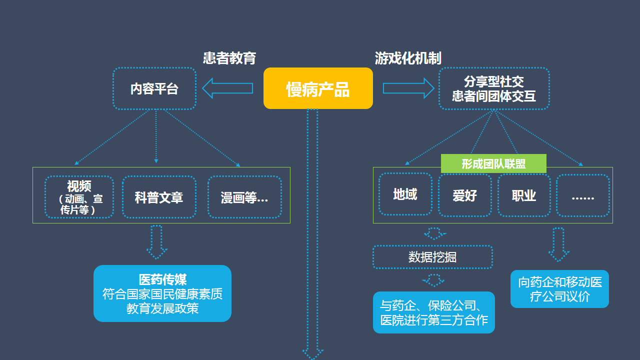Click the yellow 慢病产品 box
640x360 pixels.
click(318, 88)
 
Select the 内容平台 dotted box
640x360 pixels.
click(154, 88)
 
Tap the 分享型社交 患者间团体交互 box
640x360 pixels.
click(494, 88)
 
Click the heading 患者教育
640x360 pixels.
click(229, 58)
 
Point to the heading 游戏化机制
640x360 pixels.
click(408, 58)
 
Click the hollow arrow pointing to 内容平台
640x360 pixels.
click(227, 88)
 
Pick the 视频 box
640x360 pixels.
click(79, 197)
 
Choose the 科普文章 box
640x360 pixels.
click(159, 197)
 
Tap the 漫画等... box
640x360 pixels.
click(244, 197)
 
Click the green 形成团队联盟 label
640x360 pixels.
click(493, 163)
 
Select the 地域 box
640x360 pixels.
click(405, 194)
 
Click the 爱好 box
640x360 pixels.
click(465, 195)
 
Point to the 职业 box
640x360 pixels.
click(524, 195)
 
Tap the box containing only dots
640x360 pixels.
click(583, 195)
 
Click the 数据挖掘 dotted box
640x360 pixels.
click(432, 257)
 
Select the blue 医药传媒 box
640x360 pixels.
click(162, 293)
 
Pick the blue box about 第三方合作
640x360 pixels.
click(434, 312)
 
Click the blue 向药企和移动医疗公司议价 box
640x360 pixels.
click(559, 289)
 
